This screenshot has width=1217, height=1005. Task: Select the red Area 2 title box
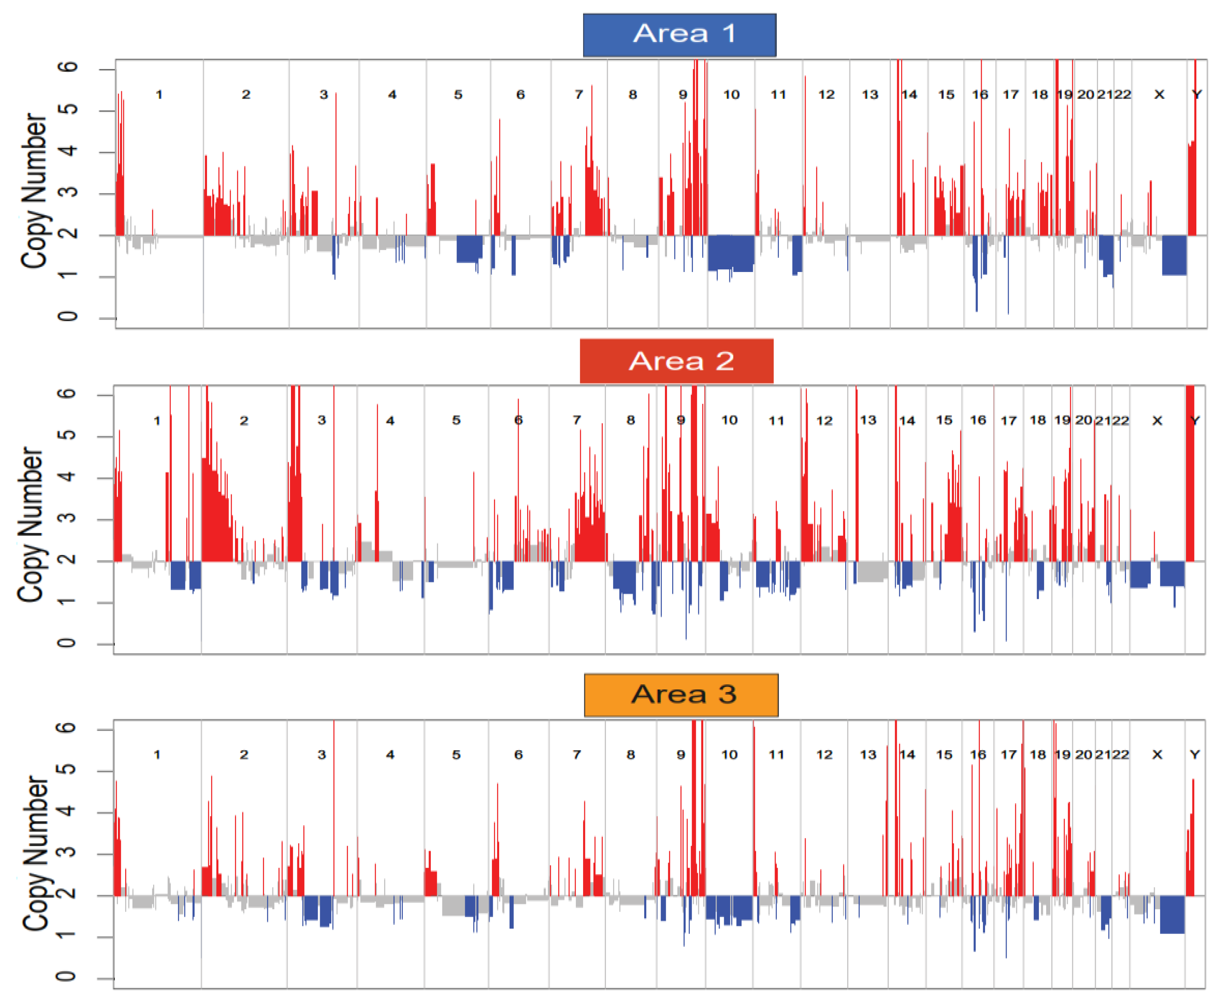point(676,361)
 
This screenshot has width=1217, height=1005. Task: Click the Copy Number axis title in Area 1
point(34,191)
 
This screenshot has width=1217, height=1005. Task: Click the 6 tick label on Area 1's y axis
point(68,67)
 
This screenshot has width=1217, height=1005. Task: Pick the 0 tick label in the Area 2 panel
point(67,643)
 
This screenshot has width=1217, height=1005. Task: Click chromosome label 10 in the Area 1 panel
point(730,94)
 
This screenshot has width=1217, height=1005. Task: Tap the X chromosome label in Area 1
point(1158,94)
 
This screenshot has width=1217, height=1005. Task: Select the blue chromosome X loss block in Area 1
point(1173,255)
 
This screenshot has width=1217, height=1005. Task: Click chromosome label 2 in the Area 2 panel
point(244,421)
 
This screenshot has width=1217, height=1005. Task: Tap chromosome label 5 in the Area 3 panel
point(456,755)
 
